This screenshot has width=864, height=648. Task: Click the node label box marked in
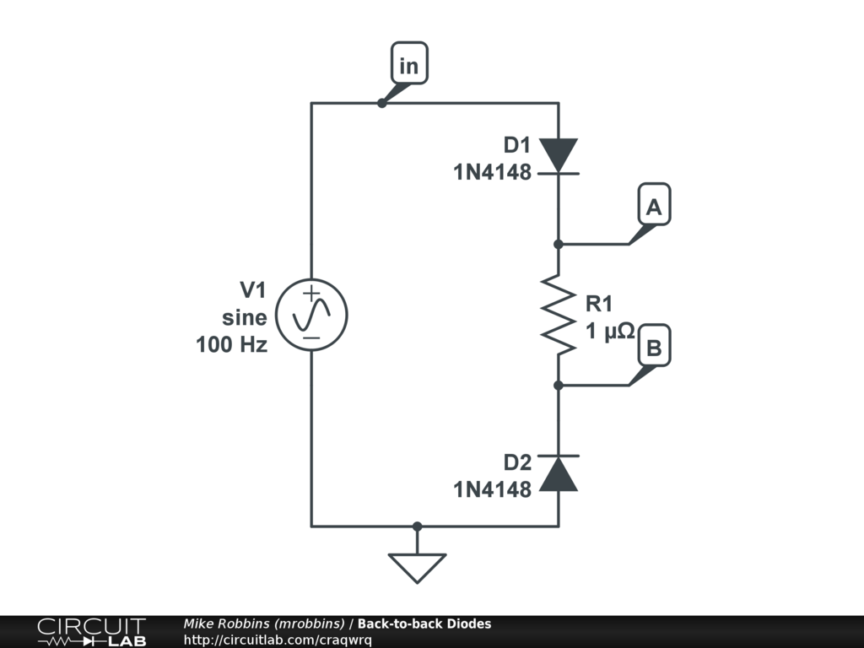[x=408, y=66]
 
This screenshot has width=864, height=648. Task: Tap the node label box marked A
[x=653, y=206]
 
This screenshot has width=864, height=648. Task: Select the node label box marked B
[x=653, y=348]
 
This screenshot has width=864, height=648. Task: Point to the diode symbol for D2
[x=558, y=472]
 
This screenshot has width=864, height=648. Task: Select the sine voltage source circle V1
[x=311, y=315]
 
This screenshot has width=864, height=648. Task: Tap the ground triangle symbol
[x=417, y=566]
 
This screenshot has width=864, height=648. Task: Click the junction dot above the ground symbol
[x=417, y=526]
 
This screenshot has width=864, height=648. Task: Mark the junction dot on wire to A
[x=558, y=244]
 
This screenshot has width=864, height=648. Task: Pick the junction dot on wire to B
[x=558, y=386]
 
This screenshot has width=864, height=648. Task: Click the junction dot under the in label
[x=381, y=103]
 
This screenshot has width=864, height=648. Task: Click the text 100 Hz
[x=232, y=344]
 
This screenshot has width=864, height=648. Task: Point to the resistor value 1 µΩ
[x=610, y=332]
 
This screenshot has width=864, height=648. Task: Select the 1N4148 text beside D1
[x=493, y=173]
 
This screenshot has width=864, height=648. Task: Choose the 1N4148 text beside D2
[x=493, y=489]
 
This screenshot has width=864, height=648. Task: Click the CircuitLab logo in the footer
[x=91, y=632]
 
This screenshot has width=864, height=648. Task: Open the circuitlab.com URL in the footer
[x=278, y=640]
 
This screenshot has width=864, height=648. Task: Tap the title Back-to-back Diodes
[x=424, y=624]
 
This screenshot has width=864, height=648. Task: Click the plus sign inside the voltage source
[x=311, y=295]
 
